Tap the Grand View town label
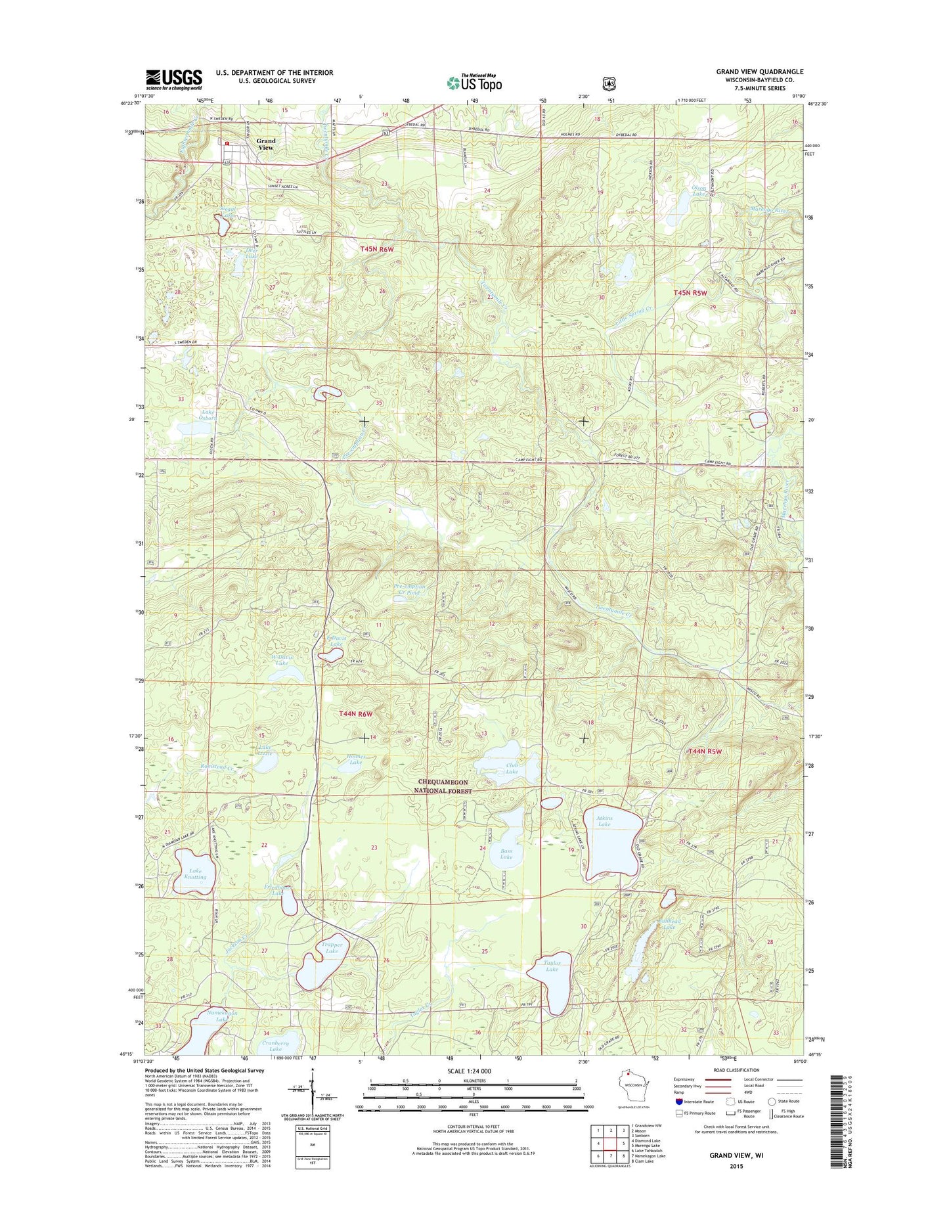pos(266,144)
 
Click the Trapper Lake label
pos(332,948)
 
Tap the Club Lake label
pos(512,769)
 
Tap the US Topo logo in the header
pos(474,82)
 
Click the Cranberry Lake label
pos(275,1046)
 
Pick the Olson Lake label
pos(699,191)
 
